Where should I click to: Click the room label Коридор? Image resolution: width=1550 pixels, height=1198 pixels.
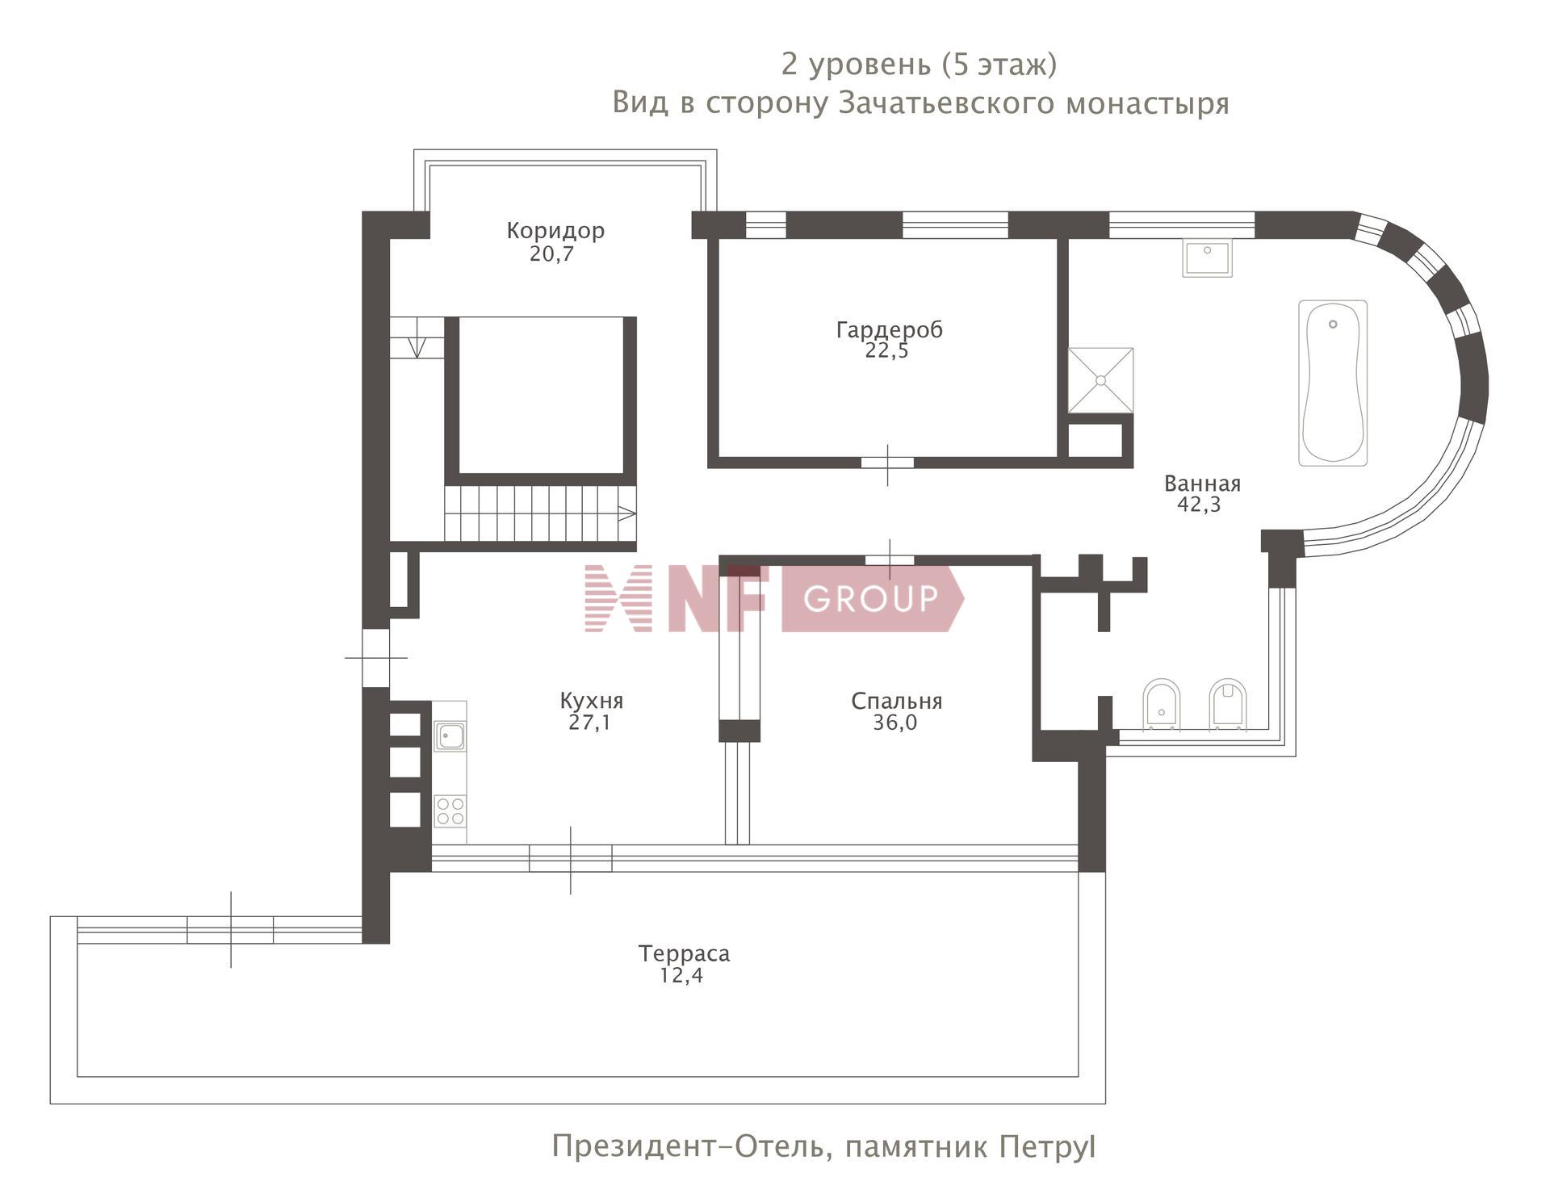point(555,231)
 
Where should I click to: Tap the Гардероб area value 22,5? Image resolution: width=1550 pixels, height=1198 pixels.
point(886,350)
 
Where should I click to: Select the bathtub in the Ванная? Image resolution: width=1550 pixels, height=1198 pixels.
point(1333,383)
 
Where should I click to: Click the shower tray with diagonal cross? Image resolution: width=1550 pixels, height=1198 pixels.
point(1100,380)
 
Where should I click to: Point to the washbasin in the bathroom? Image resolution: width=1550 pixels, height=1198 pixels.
point(1208,258)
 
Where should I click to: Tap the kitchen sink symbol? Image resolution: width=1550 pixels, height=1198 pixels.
point(450,736)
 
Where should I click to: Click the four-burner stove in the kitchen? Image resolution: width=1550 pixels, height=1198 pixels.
point(450,811)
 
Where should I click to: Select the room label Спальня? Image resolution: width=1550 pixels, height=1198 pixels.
point(896,702)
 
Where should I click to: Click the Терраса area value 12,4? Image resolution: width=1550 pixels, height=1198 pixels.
point(681,975)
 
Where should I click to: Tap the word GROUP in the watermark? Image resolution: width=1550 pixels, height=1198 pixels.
point(871,598)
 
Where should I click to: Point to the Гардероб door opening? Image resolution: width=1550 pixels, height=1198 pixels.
point(887,463)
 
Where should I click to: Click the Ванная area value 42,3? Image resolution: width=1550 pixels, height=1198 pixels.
point(1199,505)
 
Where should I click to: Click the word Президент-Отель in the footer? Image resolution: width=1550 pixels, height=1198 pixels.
point(692,1146)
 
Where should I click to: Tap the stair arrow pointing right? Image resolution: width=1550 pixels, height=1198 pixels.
point(626,513)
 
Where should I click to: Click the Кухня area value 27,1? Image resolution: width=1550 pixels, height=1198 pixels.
point(589,723)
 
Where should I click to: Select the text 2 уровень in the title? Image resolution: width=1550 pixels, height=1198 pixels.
point(856,65)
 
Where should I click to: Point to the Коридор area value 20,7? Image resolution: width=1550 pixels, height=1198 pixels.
point(551,254)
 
